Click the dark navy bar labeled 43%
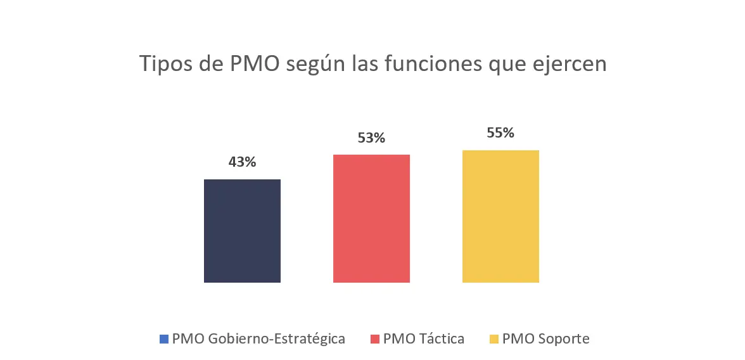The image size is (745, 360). pyautogui.click(x=242, y=231)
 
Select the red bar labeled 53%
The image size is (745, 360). pyautogui.click(x=371, y=219)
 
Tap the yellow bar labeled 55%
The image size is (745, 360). pyautogui.click(x=500, y=216)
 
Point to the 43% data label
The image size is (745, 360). pyautogui.click(x=242, y=162)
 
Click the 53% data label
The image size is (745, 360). pyautogui.click(x=371, y=138)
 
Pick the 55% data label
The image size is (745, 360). pyautogui.click(x=500, y=133)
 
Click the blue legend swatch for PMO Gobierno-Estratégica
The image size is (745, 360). pyautogui.click(x=164, y=339)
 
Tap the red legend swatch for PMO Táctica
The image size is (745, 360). pyautogui.click(x=375, y=339)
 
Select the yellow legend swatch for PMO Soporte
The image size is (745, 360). pyautogui.click(x=494, y=339)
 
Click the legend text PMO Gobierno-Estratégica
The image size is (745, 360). pyautogui.click(x=258, y=339)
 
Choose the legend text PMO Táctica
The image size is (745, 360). pyautogui.click(x=424, y=339)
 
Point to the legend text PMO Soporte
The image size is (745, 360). pyautogui.click(x=545, y=339)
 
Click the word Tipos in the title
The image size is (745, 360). pyautogui.click(x=162, y=64)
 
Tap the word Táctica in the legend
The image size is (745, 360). pyautogui.click(x=441, y=339)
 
